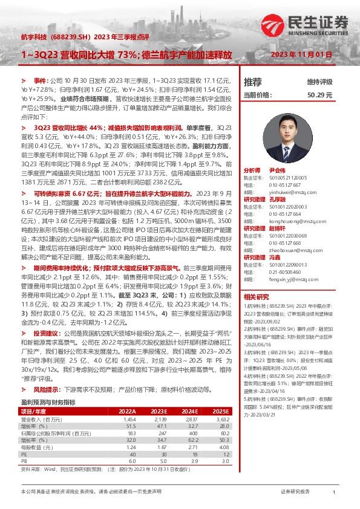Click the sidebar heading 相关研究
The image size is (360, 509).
pos(255,297)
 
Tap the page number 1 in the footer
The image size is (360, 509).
pos(334,493)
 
